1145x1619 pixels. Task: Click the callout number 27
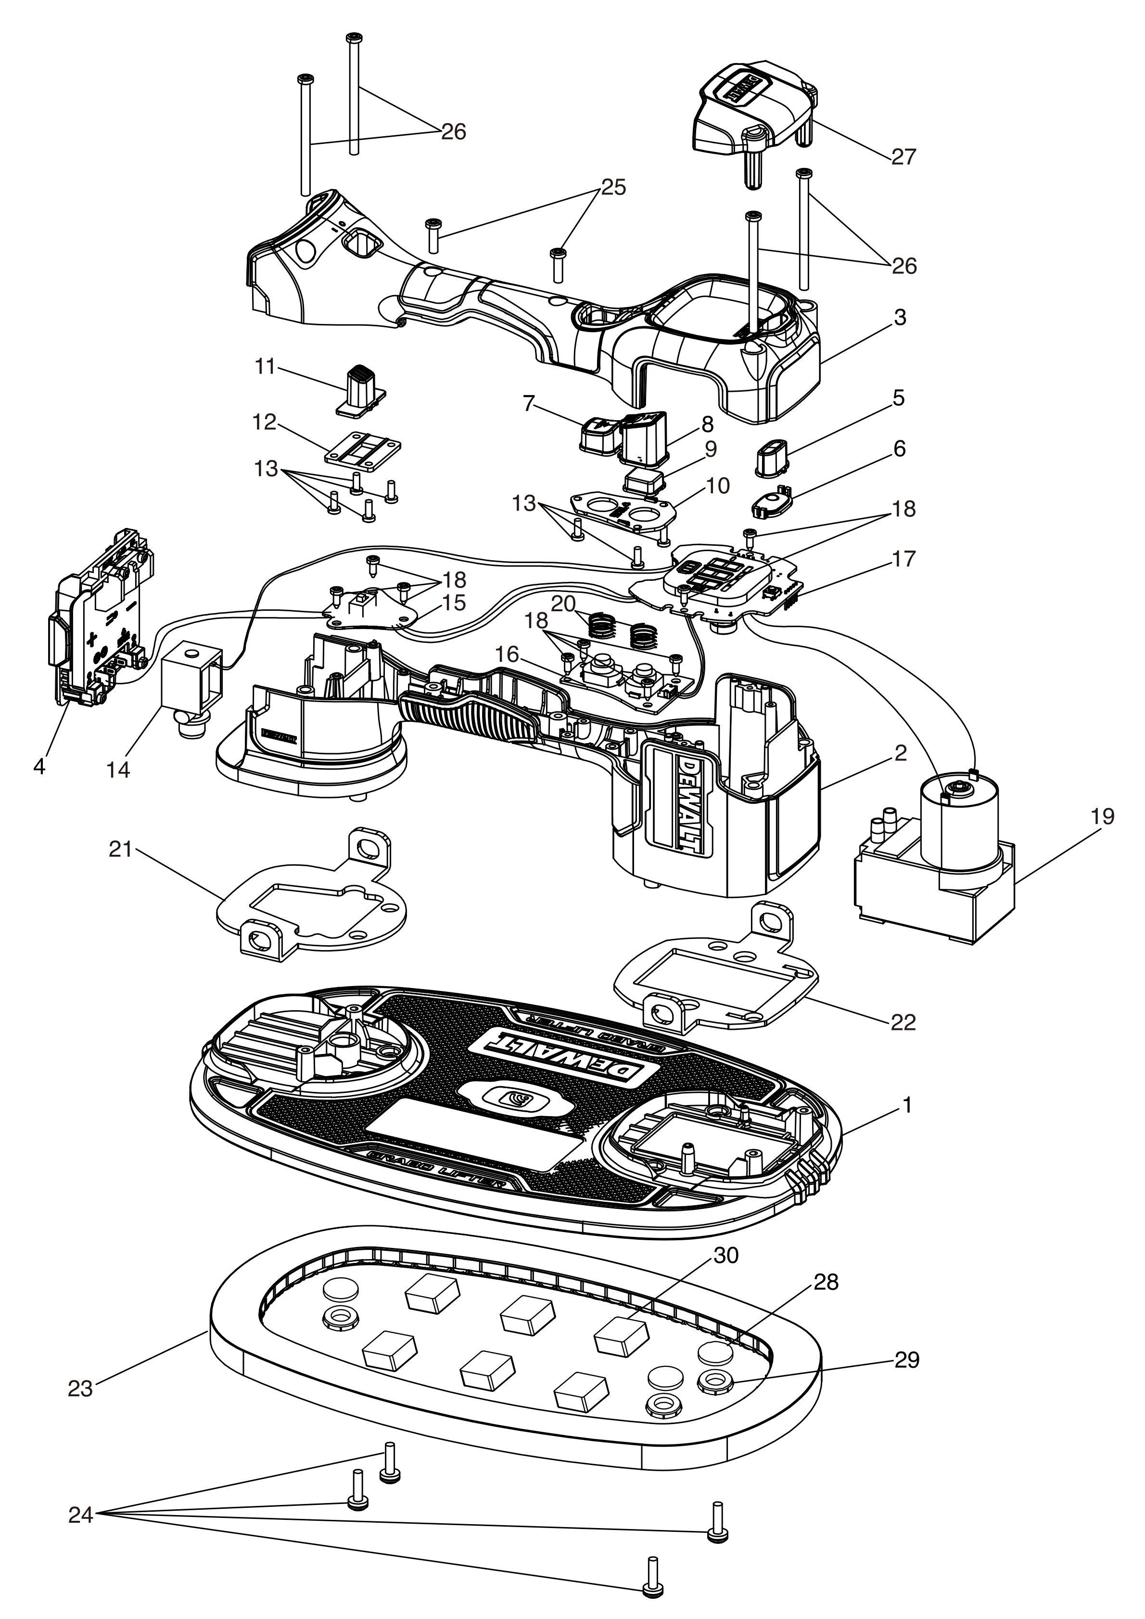[903, 156]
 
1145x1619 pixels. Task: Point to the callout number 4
[39, 766]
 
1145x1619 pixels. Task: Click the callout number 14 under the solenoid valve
[118, 770]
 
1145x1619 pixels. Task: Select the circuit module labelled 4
[99, 614]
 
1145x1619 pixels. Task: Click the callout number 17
[903, 559]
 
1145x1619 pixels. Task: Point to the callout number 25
[613, 188]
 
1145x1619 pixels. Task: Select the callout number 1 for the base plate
[907, 1105]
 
